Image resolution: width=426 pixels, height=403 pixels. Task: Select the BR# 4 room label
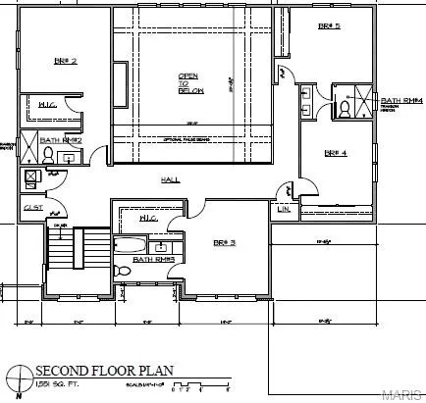pos(338,152)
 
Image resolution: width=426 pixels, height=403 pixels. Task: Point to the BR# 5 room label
pos(329,26)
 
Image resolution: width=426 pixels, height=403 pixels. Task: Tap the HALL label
pos(171,180)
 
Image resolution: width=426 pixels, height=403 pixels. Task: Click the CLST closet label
pos(31,208)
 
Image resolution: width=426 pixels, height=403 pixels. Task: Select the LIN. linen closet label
pos(284,209)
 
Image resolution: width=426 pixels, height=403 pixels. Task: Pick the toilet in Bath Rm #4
pos(345,111)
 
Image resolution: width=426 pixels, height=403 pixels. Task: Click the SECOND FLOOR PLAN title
pos(104,370)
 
